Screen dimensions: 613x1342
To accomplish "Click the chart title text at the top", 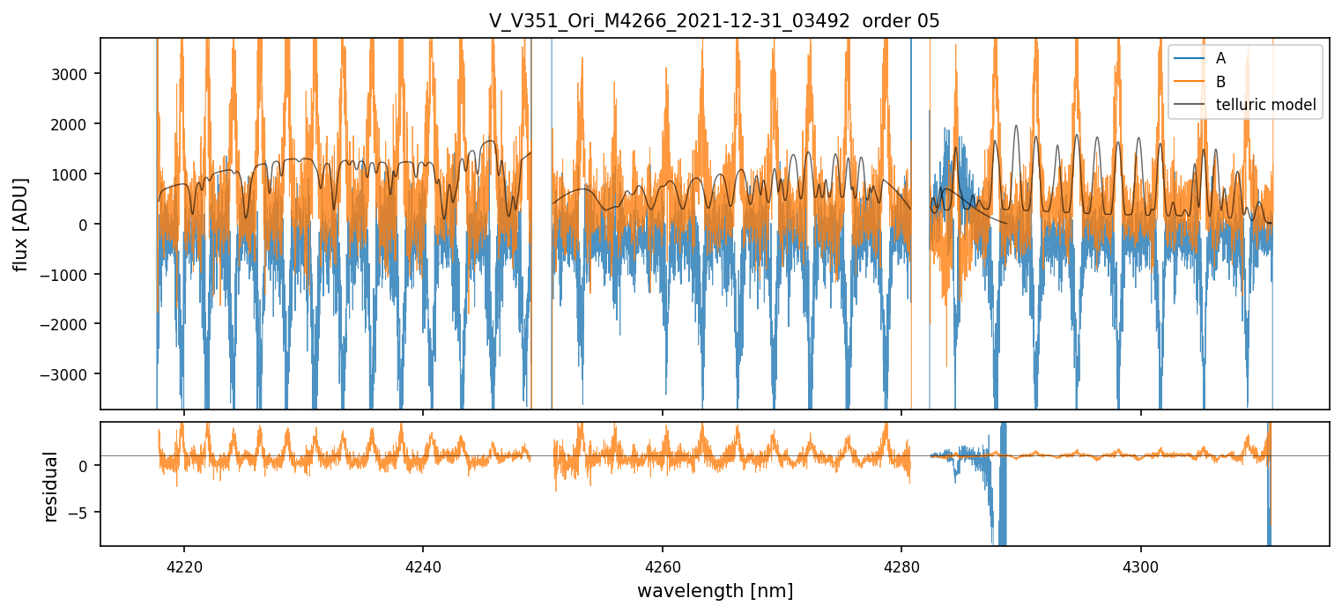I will [714, 21].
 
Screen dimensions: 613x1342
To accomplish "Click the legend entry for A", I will [1220, 58].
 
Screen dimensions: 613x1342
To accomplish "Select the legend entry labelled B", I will [1220, 82].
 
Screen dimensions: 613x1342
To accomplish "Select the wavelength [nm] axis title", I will [714, 590].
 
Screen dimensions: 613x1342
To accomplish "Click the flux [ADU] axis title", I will [21, 224].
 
